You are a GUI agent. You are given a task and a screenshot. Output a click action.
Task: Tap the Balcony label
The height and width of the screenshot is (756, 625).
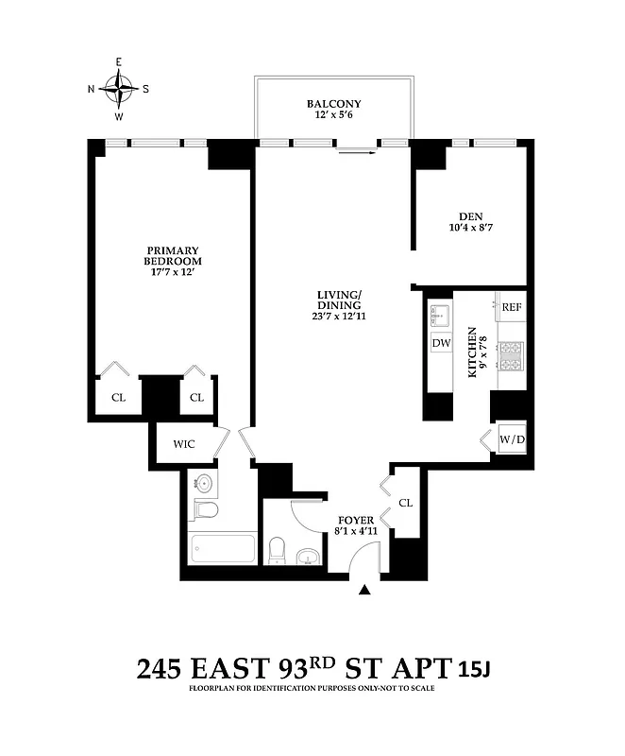coord(333,104)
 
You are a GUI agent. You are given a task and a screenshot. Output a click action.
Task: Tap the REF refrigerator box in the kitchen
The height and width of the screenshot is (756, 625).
coord(512,307)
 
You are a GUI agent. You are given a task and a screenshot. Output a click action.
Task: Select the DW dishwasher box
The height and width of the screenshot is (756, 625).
coord(440,344)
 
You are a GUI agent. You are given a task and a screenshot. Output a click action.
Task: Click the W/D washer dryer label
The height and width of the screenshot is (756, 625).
coord(512,438)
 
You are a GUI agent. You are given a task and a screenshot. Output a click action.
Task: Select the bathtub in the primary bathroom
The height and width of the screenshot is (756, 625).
coord(222,549)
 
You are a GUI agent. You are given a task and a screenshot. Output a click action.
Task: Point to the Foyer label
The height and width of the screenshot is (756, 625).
coord(356,521)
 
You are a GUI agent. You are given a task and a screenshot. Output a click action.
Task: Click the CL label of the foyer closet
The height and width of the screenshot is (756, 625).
coord(406,503)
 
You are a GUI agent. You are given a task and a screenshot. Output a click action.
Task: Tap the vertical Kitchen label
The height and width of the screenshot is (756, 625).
coord(472,353)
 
